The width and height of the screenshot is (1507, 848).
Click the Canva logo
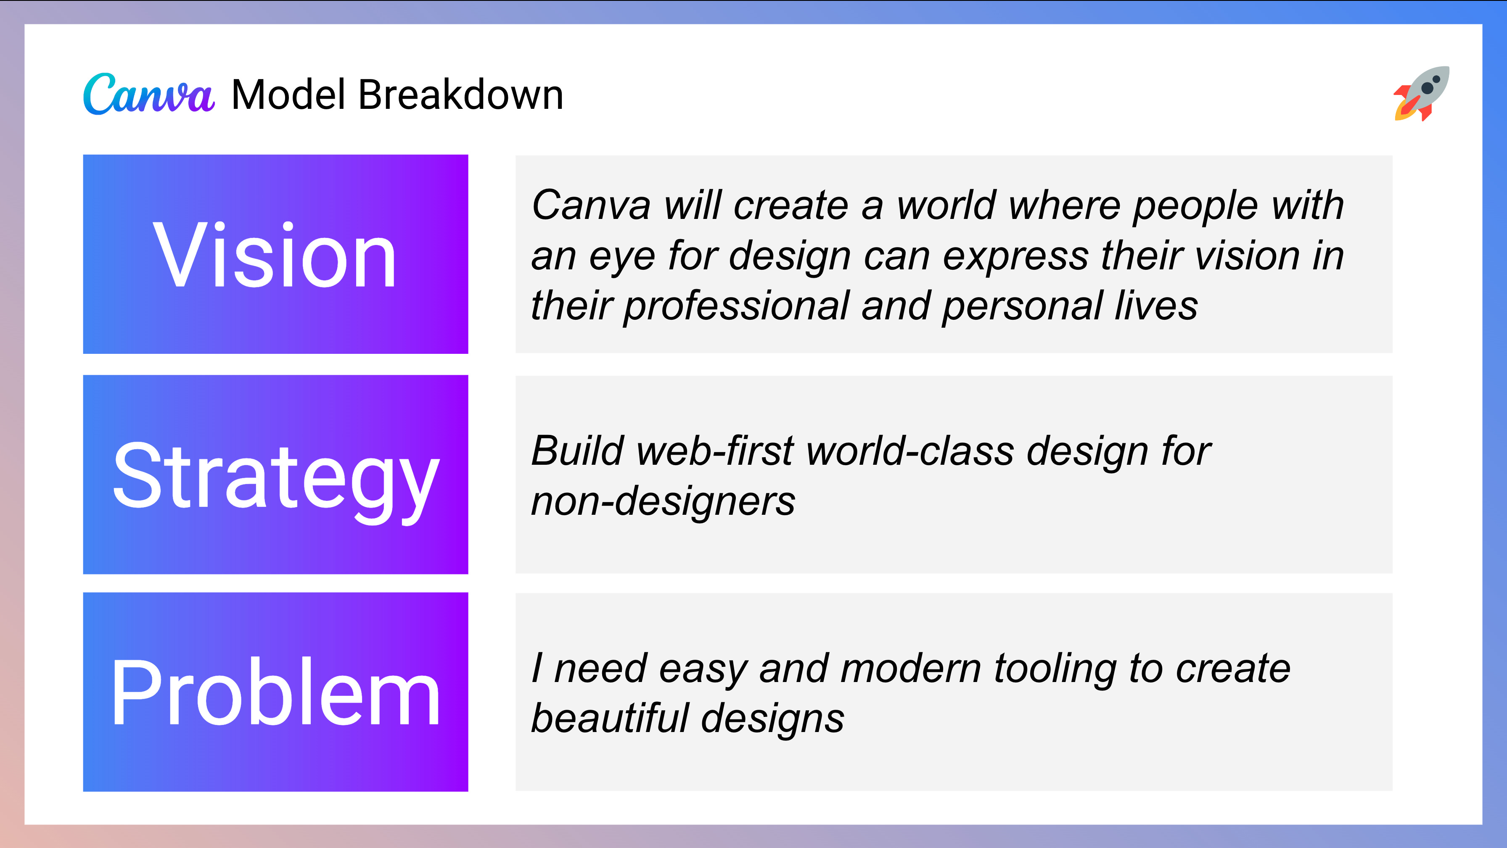[148, 94]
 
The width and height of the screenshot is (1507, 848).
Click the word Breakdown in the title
[460, 94]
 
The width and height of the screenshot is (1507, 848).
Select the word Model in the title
[288, 94]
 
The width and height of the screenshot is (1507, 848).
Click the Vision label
[275, 255]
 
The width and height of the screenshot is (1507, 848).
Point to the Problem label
[275, 693]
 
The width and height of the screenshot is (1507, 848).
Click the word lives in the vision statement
[1156, 306]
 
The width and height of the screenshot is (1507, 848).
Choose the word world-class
[909, 451]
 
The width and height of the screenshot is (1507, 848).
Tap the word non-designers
[663, 502]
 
